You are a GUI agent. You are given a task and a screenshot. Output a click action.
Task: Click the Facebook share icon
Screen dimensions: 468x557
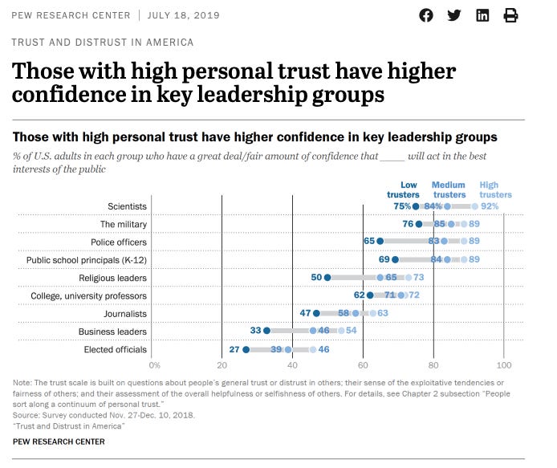[x=426, y=15]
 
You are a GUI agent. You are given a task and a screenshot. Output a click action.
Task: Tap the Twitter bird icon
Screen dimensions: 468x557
[x=454, y=15]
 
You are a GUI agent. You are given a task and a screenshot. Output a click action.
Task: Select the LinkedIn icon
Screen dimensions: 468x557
[x=482, y=15]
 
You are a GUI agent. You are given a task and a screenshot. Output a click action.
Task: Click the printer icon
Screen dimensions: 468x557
[x=510, y=15]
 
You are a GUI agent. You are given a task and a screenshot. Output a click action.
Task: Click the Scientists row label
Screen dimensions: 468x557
[x=128, y=206]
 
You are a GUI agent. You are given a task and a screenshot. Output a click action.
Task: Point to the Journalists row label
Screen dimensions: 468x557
[x=125, y=313]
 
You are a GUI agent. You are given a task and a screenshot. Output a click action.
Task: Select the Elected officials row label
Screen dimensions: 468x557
[x=116, y=349]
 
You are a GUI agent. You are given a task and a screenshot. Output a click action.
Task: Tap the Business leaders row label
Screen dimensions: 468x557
[x=112, y=331]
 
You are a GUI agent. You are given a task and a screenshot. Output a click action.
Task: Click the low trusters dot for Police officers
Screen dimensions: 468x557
[x=380, y=242]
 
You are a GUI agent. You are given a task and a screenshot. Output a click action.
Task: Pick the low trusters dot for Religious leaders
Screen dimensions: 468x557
[x=327, y=278]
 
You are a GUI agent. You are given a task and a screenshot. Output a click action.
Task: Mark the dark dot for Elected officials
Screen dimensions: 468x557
[x=246, y=349]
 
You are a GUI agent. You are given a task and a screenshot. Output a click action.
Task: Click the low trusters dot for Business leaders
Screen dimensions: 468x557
[x=267, y=331]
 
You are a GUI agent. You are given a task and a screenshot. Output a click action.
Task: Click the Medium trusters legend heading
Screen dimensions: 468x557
[x=449, y=189]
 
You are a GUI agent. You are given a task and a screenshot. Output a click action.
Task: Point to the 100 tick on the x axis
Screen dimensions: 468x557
[x=503, y=364]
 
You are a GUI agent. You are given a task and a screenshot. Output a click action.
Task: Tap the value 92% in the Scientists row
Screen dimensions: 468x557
[x=490, y=206]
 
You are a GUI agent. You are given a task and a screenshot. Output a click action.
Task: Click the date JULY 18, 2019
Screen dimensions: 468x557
[x=185, y=15]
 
